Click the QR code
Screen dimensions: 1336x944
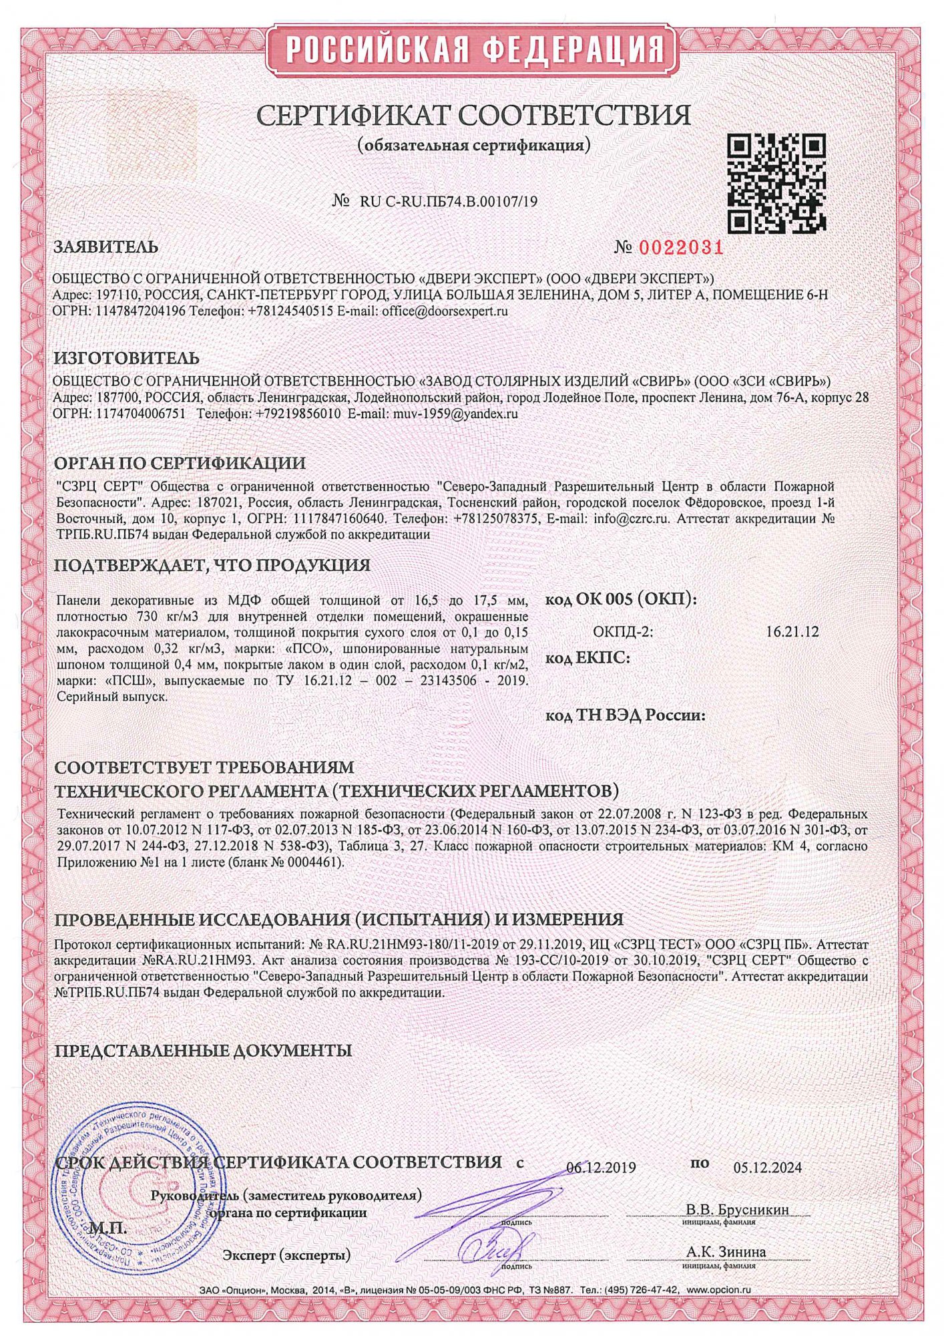pyautogui.click(x=776, y=182)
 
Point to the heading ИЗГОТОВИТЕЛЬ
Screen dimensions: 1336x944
pyautogui.click(x=126, y=359)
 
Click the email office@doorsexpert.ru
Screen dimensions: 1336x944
pyautogui.click(x=445, y=311)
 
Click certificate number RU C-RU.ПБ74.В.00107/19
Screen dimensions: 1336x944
pyautogui.click(x=448, y=201)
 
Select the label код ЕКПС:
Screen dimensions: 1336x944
pyautogui.click(x=587, y=659)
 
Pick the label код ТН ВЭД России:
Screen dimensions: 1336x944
pyautogui.click(x=626, y=715)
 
